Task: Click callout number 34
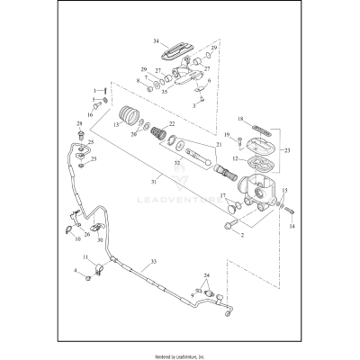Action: coord(156,40)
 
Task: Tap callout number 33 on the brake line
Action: coord(153,262)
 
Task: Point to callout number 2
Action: coord(241,235)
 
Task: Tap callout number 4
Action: coord(75,270)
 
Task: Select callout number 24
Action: coord(207,275)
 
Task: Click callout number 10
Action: coord(77,239)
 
